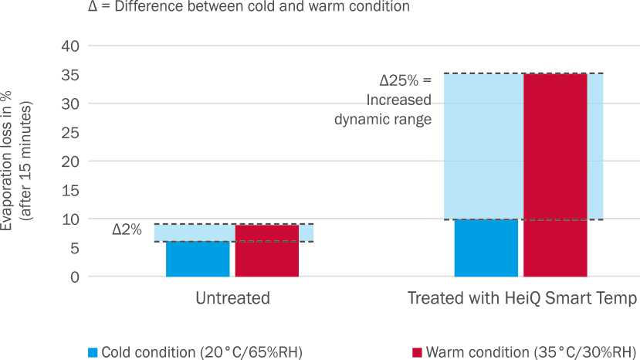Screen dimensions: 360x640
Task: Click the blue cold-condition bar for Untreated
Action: [x=198, y=259]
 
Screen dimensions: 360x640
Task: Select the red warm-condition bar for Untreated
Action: [x=266, y=250]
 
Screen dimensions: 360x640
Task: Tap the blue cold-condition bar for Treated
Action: [x=486, y=248]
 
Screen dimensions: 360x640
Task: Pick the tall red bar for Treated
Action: [x=554, y=175]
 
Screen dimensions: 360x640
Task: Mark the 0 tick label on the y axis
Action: [x=74, y=277]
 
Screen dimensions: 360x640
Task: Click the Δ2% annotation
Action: [x=127, y=229]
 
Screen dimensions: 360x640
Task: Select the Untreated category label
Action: [x=232, y=299]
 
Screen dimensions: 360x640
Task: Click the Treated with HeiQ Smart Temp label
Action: [x=522, y=299]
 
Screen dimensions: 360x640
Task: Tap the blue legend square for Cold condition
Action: [x=93, y=352]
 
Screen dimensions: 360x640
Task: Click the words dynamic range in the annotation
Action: [x=382, y=119]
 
